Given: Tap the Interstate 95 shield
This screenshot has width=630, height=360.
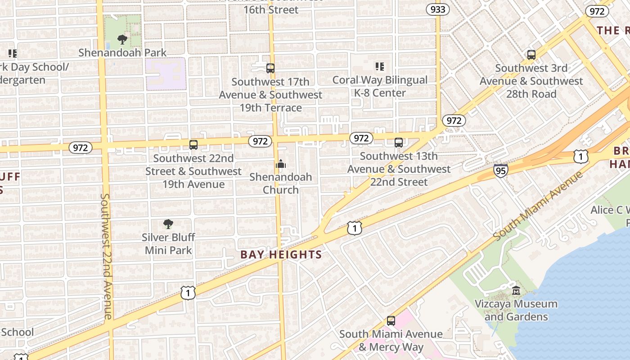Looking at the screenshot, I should [x=500, y=170].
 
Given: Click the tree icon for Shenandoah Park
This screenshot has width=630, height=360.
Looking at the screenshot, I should [x=122, y=40].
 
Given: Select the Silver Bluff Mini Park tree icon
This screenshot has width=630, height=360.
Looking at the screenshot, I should [x=168, y=224].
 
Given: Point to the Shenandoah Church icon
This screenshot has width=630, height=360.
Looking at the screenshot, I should [x=281, y=164].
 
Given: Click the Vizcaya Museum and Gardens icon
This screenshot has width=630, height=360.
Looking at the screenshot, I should [x=516, y=291].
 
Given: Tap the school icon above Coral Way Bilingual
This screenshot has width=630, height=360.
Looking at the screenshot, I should [x=380, y=67].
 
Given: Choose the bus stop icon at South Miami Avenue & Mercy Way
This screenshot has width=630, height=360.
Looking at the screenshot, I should [x=391, y=321].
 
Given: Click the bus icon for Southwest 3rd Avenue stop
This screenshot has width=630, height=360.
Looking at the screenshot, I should [x=531, y=55].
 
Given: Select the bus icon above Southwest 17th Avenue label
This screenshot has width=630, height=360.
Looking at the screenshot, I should [x=270, y=68].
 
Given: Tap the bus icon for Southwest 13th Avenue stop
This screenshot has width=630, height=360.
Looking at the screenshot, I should [x=399, y=143].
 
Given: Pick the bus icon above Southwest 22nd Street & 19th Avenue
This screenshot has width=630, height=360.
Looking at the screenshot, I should [x=193, y=145].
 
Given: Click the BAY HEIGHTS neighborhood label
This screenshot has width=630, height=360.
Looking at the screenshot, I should [x=281, y=255].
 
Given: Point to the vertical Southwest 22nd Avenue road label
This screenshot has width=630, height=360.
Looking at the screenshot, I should [x=106, y=256].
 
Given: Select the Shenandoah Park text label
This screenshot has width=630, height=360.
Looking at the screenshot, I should [x=122, y=53].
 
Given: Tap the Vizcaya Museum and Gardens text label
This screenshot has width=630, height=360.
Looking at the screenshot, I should [x=516, y=310].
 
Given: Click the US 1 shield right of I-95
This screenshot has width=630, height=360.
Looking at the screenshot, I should [x=580, y=157].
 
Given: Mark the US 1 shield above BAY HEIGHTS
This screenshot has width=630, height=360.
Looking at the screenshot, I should [x=355, y=229].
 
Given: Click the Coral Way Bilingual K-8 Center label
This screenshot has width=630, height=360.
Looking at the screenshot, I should [x=380, y=86].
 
